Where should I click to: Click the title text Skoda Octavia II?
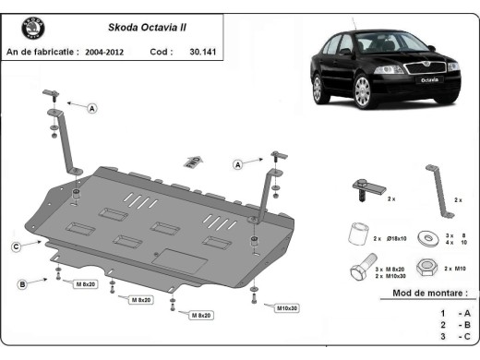129,28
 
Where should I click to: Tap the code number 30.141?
200,53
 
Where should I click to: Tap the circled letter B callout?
21,282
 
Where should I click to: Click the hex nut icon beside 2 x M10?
427,267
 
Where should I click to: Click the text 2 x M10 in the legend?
454,267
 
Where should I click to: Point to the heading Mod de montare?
425,293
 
